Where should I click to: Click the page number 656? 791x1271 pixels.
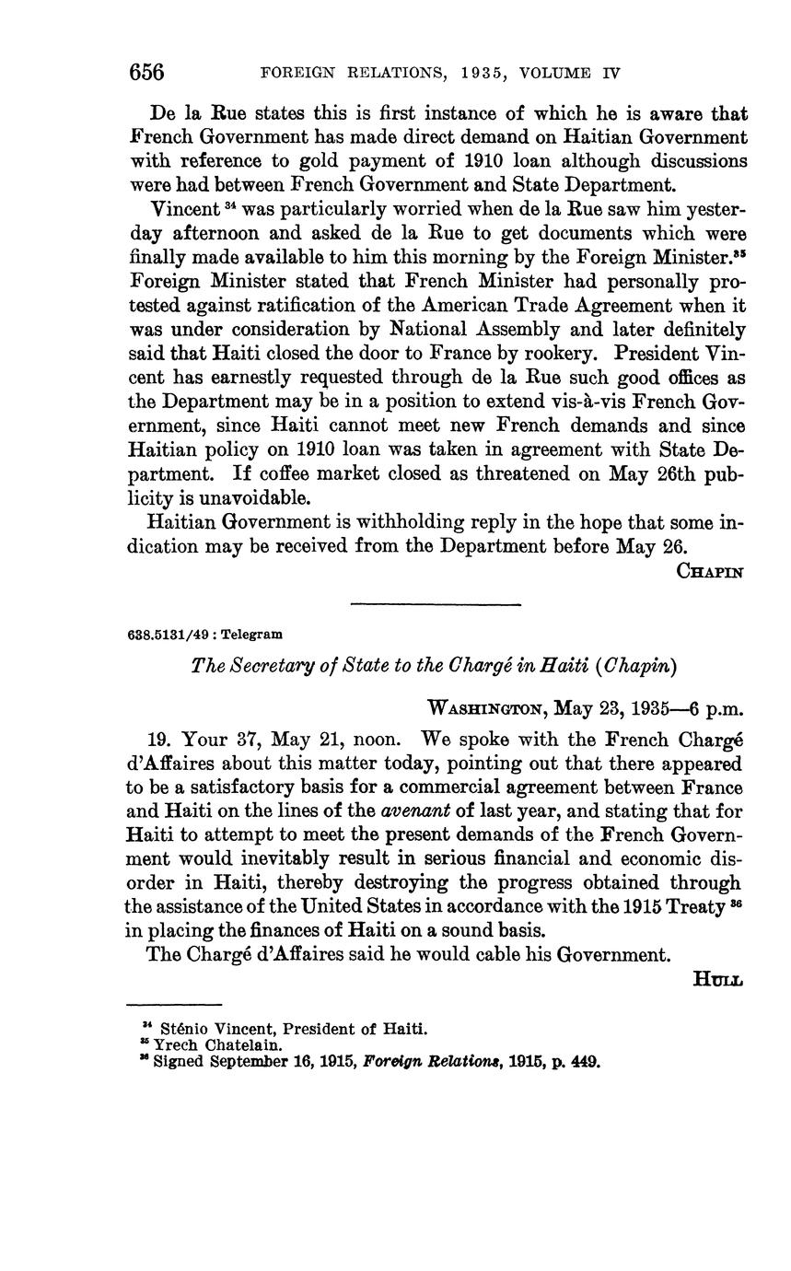[x=147, y=72]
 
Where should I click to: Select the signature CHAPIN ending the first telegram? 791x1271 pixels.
[x=710, y=571]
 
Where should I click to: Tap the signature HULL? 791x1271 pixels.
[x=718, y=979]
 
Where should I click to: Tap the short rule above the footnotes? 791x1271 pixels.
[x=174, y=1004]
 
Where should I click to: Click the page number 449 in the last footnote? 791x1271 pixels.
[x=585, y=1062]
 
